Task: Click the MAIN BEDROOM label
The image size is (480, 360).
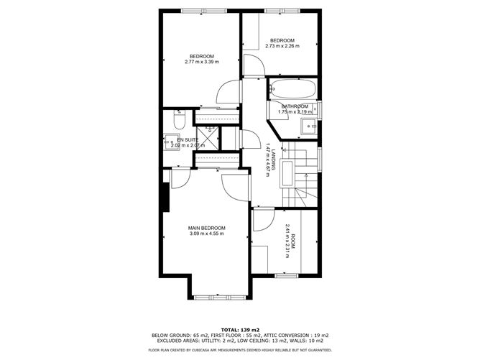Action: click(207, 228)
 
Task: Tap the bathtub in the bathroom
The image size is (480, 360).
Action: click(292, 91)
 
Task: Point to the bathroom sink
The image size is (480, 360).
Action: click(310, 126)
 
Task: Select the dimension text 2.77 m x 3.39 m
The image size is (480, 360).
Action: click(201, 63)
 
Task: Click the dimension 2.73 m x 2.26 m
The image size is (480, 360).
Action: click(282, 46)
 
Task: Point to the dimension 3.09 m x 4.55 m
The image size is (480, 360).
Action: click(207, 234)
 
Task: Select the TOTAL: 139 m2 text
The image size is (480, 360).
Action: click(239, 328)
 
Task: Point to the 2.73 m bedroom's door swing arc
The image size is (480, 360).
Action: click(254, 65)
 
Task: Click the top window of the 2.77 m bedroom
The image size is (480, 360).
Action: click(199, 10)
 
